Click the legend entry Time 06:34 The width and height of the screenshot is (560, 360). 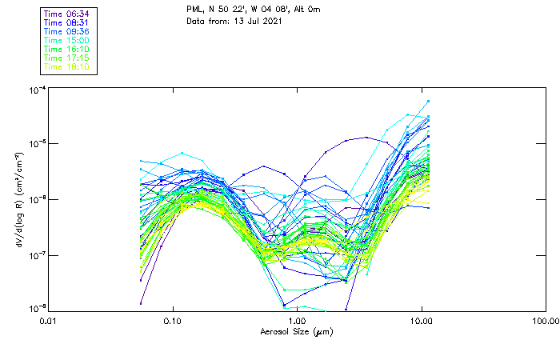point(67,14)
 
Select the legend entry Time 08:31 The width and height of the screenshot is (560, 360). point(67,22)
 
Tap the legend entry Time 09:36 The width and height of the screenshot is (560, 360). point(67,31)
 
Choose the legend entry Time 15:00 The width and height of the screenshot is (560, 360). point(67,40)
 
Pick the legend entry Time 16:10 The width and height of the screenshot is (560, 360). point(67,49)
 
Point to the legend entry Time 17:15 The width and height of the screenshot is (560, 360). point(67,58)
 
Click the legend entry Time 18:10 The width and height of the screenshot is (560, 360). point(67,66)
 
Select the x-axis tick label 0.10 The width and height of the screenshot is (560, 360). point(173,321)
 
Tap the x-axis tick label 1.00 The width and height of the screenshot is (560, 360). point(297,321)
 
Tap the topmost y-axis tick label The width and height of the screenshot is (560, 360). point(37,90)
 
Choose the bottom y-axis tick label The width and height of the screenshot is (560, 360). point(37,309)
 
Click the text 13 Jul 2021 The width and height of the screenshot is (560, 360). point(255,22)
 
